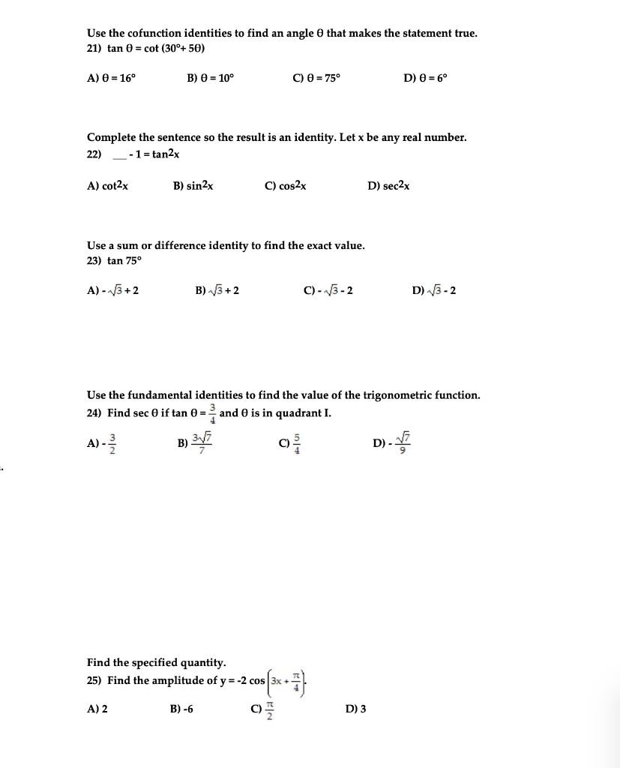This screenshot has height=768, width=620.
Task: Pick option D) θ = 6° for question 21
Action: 426,78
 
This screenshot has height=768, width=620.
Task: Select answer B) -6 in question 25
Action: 183,709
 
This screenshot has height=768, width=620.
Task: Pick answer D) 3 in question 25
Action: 356,709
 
